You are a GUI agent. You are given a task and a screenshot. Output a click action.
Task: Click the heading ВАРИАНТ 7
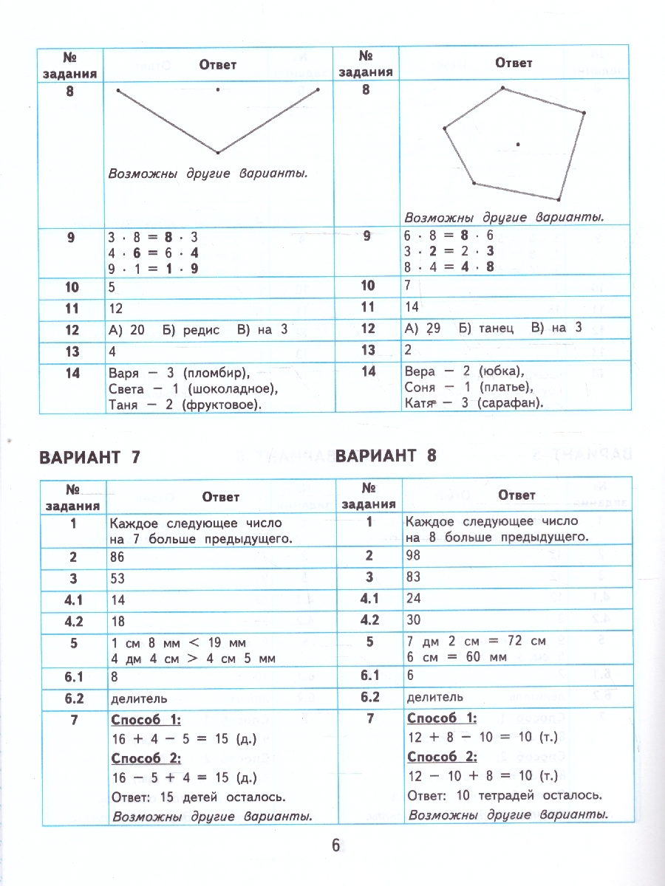pyautogui.click(x=89, y=457)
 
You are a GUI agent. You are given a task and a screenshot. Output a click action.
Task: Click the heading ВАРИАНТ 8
pyautogui.click(x=386, y=455)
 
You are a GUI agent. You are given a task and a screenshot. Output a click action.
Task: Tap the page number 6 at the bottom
pyautogui.click(x=335, y=846)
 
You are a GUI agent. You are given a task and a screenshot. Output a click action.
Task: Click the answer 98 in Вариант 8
pyautogui.click(x=414, y=554)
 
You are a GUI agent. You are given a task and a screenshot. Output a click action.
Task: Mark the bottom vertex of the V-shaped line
pyautogui.click(x=218, y=153)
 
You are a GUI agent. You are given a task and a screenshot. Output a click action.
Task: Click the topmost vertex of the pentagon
pyautogui.click(x=503, y=88)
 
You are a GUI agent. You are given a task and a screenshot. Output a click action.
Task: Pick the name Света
pyautogui.click(x=126, y=388)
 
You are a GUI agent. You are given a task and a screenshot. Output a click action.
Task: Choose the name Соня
pyautogui.click(x=422, y=388)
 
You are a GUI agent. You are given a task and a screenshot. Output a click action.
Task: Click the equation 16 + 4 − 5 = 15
pyautogui.click(x=185, y=739)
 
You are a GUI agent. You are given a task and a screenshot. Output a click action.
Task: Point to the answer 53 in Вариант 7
pyautogui.click(x=117, y=580)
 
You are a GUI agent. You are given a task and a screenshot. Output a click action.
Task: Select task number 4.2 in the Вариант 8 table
pyautogui.click(x=369, y=619)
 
